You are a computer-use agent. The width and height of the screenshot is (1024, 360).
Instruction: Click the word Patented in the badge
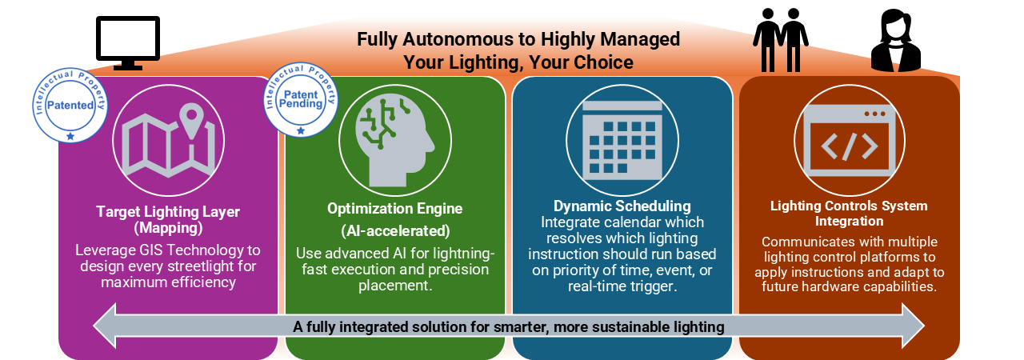pos(70,105)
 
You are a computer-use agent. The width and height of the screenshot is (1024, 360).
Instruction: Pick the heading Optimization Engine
pos(394,208)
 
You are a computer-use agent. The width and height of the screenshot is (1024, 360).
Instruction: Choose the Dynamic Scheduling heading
pos(622,206)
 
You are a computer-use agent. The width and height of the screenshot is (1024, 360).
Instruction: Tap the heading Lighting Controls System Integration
pos(849,213)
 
